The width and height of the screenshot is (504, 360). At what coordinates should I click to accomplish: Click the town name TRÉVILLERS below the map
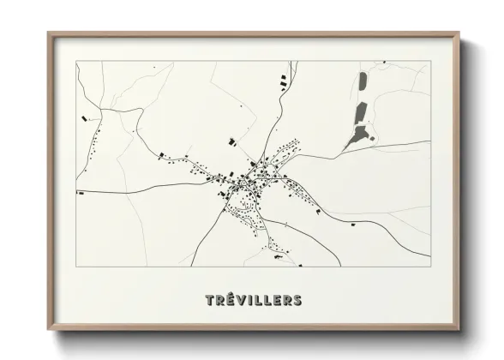[x=253, y=300]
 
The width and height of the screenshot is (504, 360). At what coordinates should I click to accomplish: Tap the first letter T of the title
[x=210, y=300]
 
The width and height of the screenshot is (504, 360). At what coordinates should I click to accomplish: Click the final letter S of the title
[x=297, y=300]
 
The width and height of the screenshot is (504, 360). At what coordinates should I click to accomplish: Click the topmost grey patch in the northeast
[x=361, y=84]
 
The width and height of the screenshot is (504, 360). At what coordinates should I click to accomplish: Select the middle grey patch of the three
[x=361, y=111]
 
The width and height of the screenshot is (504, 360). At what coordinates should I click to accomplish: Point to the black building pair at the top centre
[x=283, y=81]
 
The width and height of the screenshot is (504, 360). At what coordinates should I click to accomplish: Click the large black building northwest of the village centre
[x=230, y=141]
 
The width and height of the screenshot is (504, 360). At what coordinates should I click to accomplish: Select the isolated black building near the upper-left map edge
[x=85, y=117]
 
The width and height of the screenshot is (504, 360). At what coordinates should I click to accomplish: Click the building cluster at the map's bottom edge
[x=276, y=254]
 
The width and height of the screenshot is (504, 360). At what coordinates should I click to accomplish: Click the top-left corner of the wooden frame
[x=49, y=33]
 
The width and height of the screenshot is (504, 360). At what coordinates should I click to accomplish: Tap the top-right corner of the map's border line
[x=429, y=61]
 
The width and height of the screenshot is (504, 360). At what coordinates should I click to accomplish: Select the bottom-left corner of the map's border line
[x=76, y=267]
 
